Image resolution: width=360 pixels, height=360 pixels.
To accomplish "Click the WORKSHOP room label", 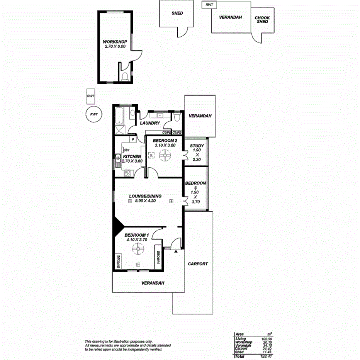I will tap(115, 41).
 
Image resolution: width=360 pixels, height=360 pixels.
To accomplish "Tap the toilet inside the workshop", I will tap(124, 77).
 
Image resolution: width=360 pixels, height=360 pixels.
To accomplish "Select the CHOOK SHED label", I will tap(262, 19).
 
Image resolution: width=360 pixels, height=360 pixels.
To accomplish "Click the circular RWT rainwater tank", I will tap(93, 114).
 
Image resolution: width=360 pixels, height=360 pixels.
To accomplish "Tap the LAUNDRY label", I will tap(150, 123).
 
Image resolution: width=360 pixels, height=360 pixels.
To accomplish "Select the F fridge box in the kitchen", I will tap(132, 139).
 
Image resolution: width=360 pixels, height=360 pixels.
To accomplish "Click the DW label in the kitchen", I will tap(126, 150).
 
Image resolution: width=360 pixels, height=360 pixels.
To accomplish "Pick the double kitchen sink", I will tap(117, 160).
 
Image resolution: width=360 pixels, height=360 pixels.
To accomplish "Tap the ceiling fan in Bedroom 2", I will tap(165, 156).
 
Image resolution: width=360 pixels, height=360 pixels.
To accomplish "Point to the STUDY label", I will tap(197, 146).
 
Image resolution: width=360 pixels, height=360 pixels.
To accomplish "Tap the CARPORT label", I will tap(198, 264).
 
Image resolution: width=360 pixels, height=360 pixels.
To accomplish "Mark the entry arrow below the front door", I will tap(176, 251).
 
